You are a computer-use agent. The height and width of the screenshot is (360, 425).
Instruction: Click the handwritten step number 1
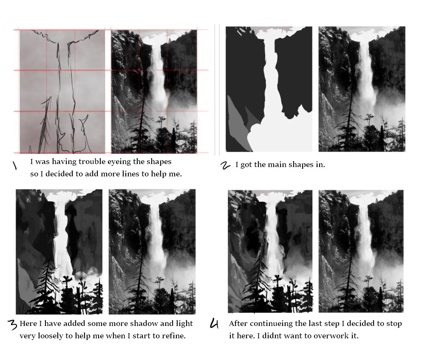point(14,165)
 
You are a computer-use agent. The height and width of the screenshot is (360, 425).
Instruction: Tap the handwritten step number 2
point(225,165)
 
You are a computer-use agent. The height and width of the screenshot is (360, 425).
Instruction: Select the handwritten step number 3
point(12,324)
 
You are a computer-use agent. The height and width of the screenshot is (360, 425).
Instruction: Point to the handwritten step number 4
point(214,323)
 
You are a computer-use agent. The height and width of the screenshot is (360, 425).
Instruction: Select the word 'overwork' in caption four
point(331,336)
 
